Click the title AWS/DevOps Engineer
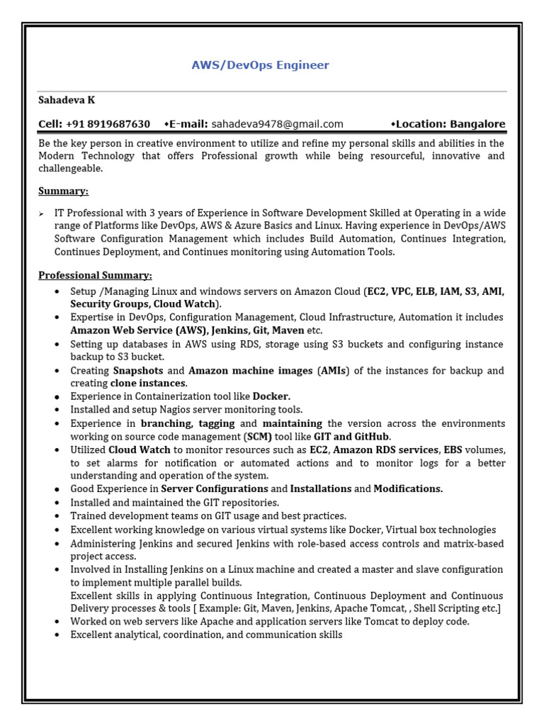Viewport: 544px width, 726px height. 260,65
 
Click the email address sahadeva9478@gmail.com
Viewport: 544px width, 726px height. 277,124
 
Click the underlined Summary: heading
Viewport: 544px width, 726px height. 64,191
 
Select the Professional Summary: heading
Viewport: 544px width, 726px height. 95,275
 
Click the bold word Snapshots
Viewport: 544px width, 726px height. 138,371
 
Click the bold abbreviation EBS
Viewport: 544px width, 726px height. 453,450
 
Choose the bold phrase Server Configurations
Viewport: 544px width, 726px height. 215,489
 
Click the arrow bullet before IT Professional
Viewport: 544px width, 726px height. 42,213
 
